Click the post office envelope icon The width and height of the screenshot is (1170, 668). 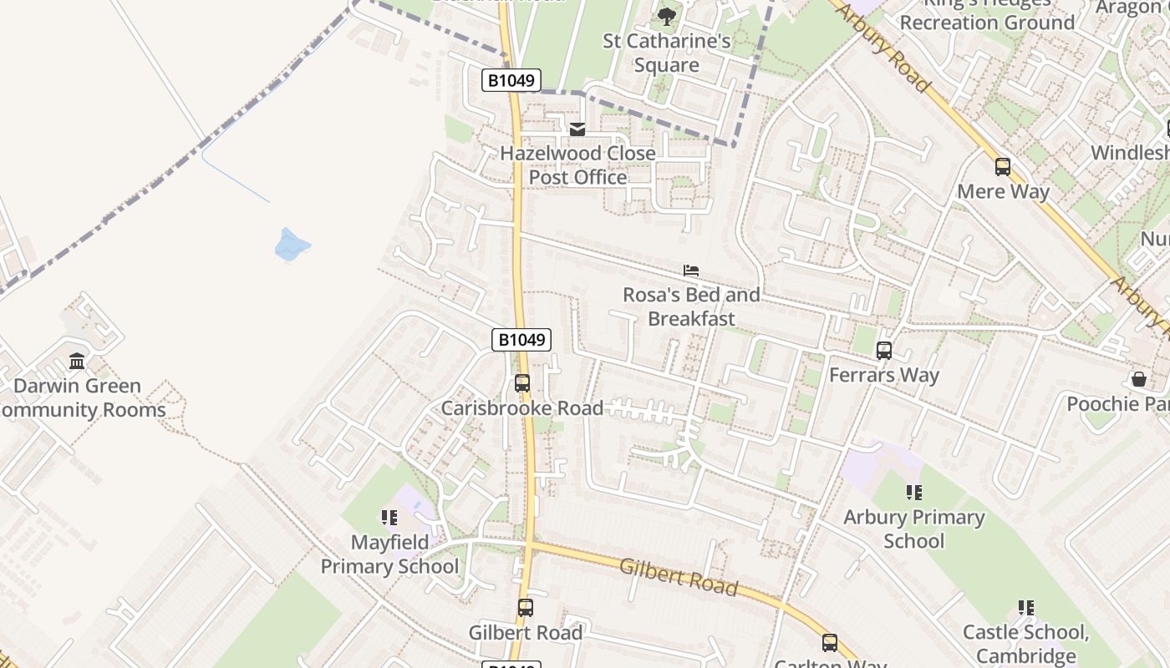point(577,129)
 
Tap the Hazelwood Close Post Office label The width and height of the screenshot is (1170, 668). point(577,165)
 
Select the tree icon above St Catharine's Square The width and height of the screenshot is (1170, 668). point(666,16)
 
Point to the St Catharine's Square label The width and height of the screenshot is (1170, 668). point(666,53)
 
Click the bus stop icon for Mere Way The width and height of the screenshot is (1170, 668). point(1003,167)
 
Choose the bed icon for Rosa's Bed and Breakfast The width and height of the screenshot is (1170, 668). point(691,271)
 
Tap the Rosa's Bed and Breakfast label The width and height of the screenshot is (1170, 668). point(691,306)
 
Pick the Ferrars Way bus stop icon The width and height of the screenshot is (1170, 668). point(884,351)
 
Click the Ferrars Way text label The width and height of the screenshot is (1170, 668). point(884,375)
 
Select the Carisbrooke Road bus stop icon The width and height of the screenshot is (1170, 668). point(522,383)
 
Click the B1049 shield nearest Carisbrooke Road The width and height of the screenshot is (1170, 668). point(521,340)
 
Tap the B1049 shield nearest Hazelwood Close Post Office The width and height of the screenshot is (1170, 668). point(511,80)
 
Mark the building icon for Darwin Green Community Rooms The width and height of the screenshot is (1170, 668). point(77,361)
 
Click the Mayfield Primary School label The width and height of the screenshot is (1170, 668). point(389,554)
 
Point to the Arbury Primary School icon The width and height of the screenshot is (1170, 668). point(913,493)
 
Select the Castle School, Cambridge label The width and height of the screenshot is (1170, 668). point(1025,644)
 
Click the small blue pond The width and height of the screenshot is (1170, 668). point(292,244)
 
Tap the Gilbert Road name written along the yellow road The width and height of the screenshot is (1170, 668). point(679,577)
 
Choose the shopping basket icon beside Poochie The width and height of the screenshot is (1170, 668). point(1138,379)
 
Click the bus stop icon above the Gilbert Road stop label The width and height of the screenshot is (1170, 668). point(525,608)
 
